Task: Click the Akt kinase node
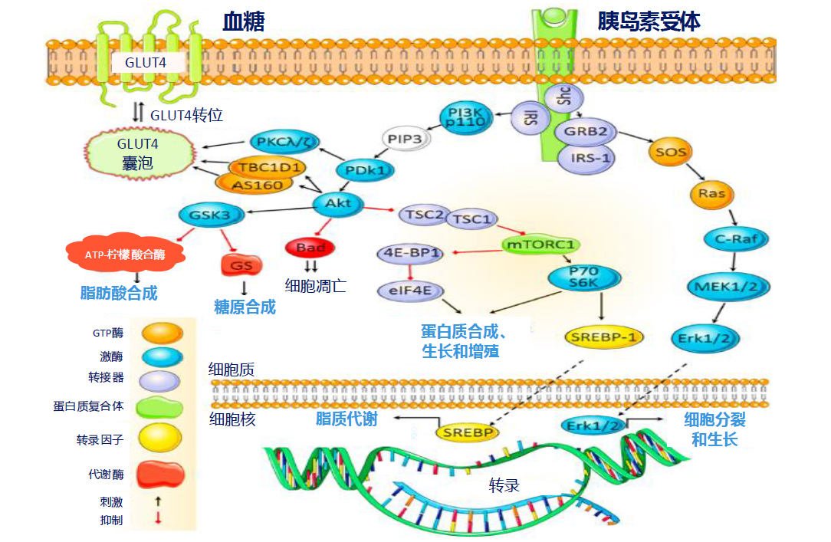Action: [338, 203]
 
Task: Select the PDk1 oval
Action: [365, 170]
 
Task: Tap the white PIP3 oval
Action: [406, 140]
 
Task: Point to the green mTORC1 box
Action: [540, 245]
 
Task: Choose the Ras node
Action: [712, 194]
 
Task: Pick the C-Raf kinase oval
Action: [736, 239]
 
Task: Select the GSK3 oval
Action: [211, 215]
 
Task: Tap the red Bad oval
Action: [310, 248]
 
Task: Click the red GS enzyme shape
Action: [241, 265]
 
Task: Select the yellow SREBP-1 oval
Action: [604, 336]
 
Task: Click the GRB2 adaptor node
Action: [586, 131]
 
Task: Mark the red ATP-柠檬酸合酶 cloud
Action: [125, 253]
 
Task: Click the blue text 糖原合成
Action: [245, 307]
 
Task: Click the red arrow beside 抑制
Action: [158, 519]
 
